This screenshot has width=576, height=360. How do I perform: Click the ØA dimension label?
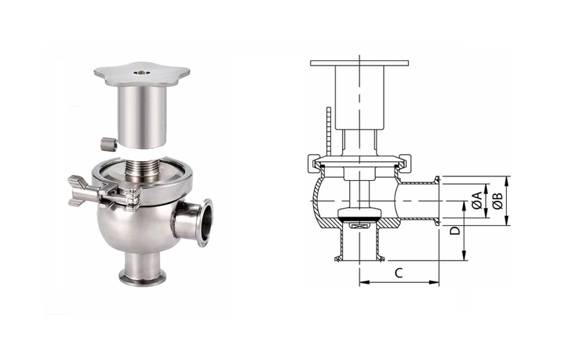coord(477,201)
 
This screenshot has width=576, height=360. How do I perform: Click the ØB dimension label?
coord(498,201)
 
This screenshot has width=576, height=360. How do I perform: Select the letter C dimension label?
coord(399,273)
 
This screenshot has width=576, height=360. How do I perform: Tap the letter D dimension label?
coord(455,230)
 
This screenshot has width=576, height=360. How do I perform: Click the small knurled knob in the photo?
coord(109,143)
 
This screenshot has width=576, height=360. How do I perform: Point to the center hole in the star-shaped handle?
coord(140,73)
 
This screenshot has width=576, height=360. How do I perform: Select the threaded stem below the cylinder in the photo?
coord(141,170)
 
